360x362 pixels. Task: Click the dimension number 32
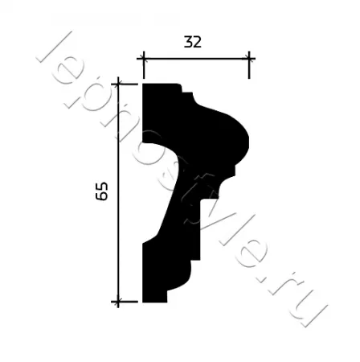tap(192, 42)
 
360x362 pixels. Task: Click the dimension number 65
tap(101, 191)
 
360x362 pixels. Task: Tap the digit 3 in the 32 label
tap(188, 42)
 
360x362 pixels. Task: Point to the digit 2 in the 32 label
tap(197, 42)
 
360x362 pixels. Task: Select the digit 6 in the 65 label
tap(101, 196)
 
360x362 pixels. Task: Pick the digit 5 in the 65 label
tap(101, 187)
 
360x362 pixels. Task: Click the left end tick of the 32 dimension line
tap(144, 58)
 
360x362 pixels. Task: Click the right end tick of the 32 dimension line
tap(249, 58)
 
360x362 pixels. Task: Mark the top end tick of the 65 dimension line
tap(118, 84)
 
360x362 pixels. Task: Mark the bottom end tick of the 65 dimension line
tap(118, 302)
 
